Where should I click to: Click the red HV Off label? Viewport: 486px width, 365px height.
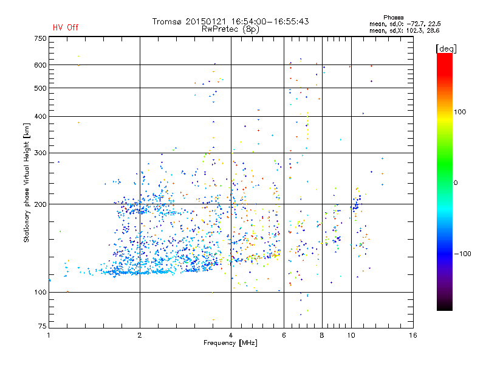[66, 27]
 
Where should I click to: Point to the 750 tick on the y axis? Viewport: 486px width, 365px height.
[40, 38]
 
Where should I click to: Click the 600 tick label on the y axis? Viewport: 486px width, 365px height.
[40, 65]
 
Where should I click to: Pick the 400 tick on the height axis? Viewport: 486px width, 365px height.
[40, 116]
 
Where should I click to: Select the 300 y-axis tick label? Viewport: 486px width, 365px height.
[40, 153]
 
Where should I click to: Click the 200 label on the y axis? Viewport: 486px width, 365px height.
[40, 204]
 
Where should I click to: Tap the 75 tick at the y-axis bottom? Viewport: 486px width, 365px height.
[42, 328]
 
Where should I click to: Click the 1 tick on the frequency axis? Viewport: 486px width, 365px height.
[49, 335]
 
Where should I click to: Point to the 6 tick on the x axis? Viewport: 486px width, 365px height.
[284, 335]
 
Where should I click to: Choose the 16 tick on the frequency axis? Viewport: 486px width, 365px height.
[412, 335]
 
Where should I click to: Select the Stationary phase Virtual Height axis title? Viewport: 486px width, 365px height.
[27, 183]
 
